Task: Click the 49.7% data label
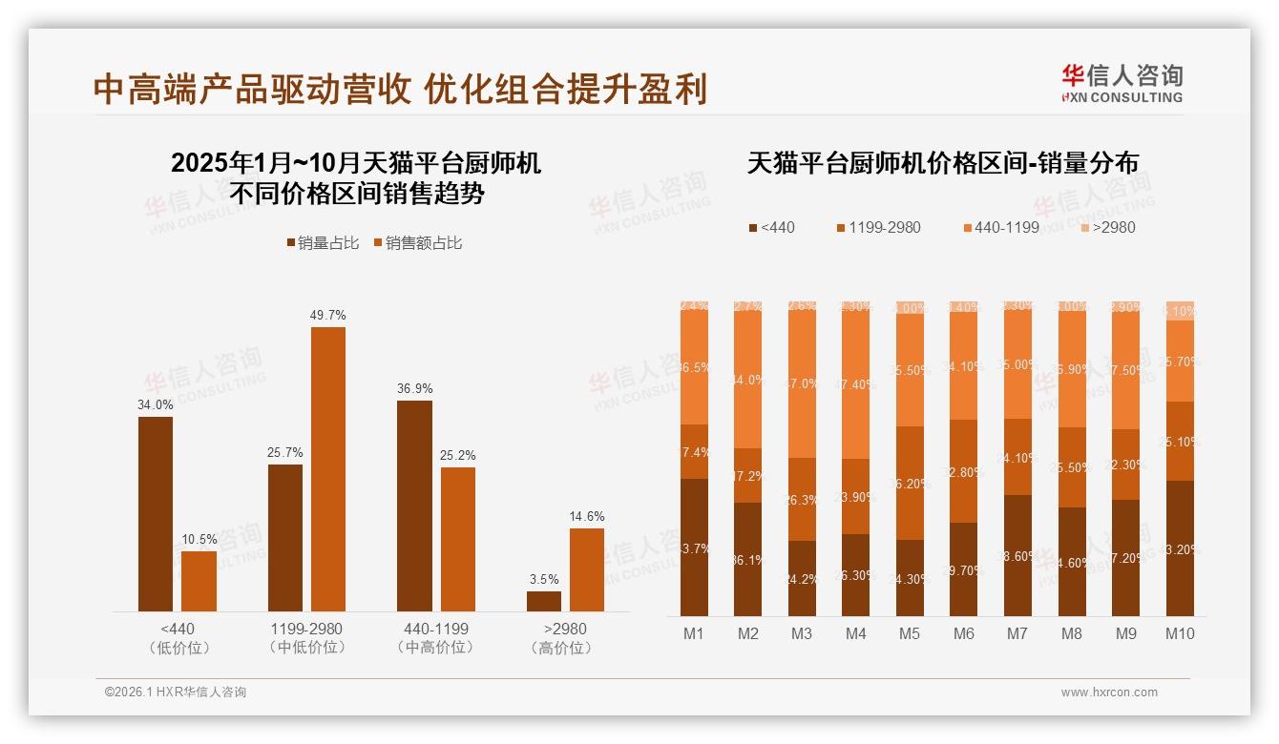[x=328, y=315]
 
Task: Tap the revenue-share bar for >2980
[x=587, y=569]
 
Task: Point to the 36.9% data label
[x=414, y=388]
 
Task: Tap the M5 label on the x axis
[x=909, y=633]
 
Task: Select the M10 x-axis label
[x=1180, y=633]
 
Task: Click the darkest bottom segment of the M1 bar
[x=695, y=548]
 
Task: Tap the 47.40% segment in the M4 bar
[x=856, y=384]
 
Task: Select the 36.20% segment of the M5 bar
[x=910, y=483]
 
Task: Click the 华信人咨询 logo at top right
[x=1122, y=83]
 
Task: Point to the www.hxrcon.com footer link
[x=1109, y=692]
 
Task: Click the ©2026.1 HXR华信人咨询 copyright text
[x=176, y=692]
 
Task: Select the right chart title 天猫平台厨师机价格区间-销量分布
[x=943, y=163]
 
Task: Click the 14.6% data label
[x=587, y=516]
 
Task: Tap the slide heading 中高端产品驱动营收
[x=253, y=90]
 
